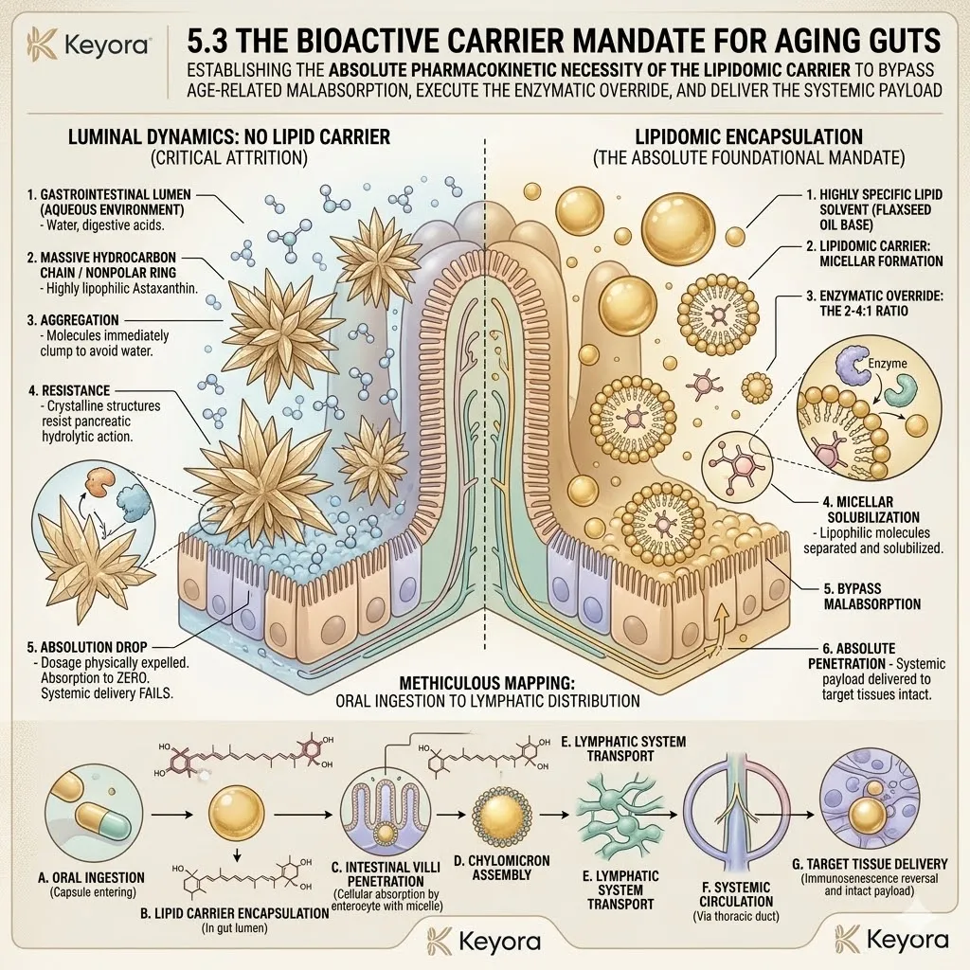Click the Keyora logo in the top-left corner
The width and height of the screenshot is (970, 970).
pos(87,45)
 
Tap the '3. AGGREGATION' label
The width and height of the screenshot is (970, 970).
pos(73,320)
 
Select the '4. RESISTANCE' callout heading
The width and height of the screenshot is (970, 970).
pos(68,390)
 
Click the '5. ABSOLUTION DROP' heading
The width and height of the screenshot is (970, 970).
pos(87,647)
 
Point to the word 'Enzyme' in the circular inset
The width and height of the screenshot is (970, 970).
pos(887,363)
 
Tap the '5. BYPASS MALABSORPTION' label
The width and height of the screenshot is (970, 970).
pos(872,597)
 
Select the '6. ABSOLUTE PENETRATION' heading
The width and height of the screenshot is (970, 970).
pos(852,656)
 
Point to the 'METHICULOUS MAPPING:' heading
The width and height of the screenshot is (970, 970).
pos(487,683)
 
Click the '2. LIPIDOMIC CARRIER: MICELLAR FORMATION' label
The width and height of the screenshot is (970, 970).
pos(874,253)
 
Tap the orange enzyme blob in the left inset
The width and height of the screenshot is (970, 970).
pos(98,480)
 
